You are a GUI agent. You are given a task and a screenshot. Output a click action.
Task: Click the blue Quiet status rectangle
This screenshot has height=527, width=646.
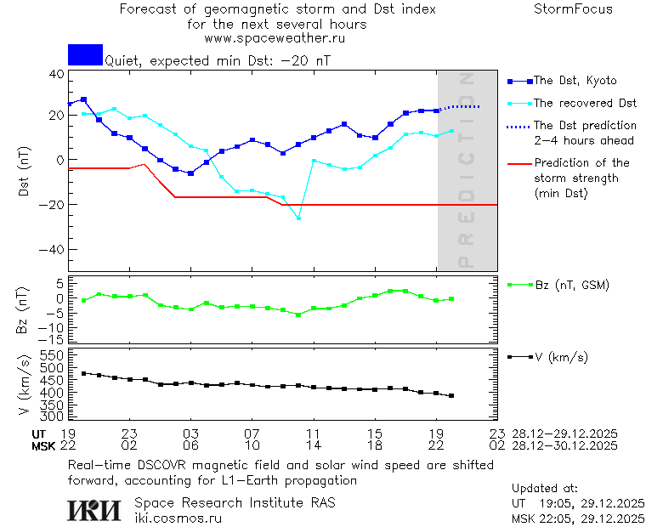coord(85,54)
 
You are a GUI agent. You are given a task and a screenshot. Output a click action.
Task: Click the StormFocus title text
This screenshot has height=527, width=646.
coord(573,9)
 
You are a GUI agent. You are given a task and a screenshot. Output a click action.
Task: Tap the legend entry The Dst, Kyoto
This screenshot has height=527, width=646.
coord(575,81)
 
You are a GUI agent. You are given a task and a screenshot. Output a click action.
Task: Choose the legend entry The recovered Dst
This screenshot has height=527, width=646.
coord(585,103)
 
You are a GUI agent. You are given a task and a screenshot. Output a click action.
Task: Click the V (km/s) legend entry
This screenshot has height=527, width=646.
coord(561,357)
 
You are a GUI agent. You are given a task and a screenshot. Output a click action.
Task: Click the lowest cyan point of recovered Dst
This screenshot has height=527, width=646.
coord(298,218)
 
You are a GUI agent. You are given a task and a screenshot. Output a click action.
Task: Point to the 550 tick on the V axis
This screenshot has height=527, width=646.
coord(53,354)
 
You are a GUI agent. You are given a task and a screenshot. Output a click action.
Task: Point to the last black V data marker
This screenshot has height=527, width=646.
coord(451,396)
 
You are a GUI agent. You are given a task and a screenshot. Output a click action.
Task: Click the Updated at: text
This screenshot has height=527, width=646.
coord(545,489)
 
